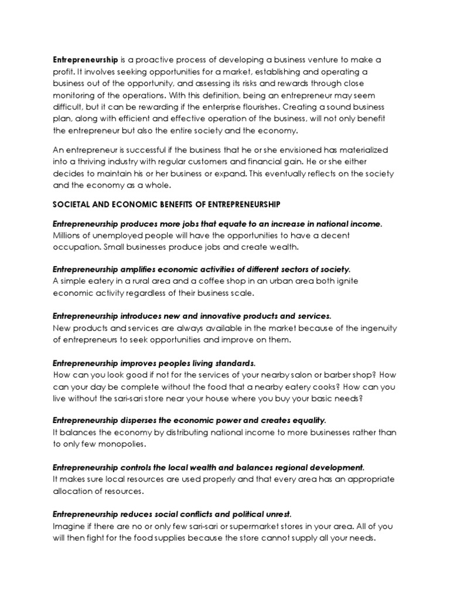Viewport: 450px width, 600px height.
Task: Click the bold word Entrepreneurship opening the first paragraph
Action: click(86, 59)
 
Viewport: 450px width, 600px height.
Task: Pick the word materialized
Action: click(363, 151)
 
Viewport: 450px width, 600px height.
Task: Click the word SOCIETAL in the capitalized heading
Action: click(71, 204)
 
